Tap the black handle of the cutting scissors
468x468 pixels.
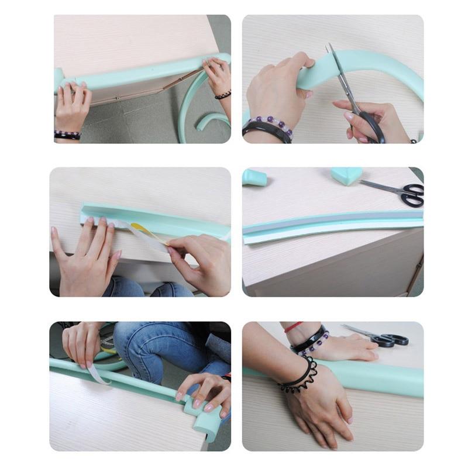(x=372, y=125)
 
